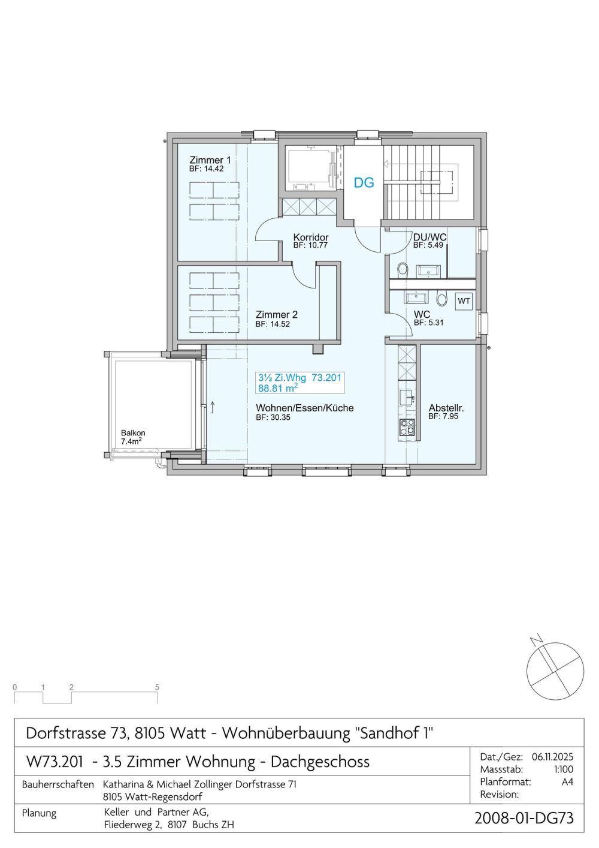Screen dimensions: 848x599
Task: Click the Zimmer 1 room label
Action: [x=210, y=160]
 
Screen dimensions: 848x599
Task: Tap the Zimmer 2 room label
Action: [x=276, y=314]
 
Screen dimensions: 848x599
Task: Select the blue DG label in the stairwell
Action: [x=364, y=182]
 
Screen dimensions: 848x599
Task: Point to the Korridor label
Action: [x=311, y=237]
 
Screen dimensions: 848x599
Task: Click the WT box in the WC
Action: [x=464, y=301]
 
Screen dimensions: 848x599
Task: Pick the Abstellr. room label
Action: [x=446, y=408]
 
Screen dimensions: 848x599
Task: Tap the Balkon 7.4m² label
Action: [x=132, y=437]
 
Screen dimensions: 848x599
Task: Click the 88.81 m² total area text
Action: [x=278, y=388]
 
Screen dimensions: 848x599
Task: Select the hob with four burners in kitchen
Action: [x=407, y=426]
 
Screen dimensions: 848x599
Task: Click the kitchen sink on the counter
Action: [x=407, y=396]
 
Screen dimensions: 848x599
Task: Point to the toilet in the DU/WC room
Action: [x=402, y=269]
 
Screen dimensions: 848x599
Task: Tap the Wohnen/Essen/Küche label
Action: [x=304, y=408]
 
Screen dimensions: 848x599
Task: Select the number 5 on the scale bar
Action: [x=157, y=687]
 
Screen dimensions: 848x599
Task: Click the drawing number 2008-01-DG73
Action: [x=524, y=818]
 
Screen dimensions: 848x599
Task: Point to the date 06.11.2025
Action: [x=552, y=757]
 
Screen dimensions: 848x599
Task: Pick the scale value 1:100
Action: [x=563, y=769]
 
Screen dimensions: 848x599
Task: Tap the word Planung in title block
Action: [x=39, y=813]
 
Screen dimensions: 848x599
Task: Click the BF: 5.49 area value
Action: [x=428, y=245]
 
